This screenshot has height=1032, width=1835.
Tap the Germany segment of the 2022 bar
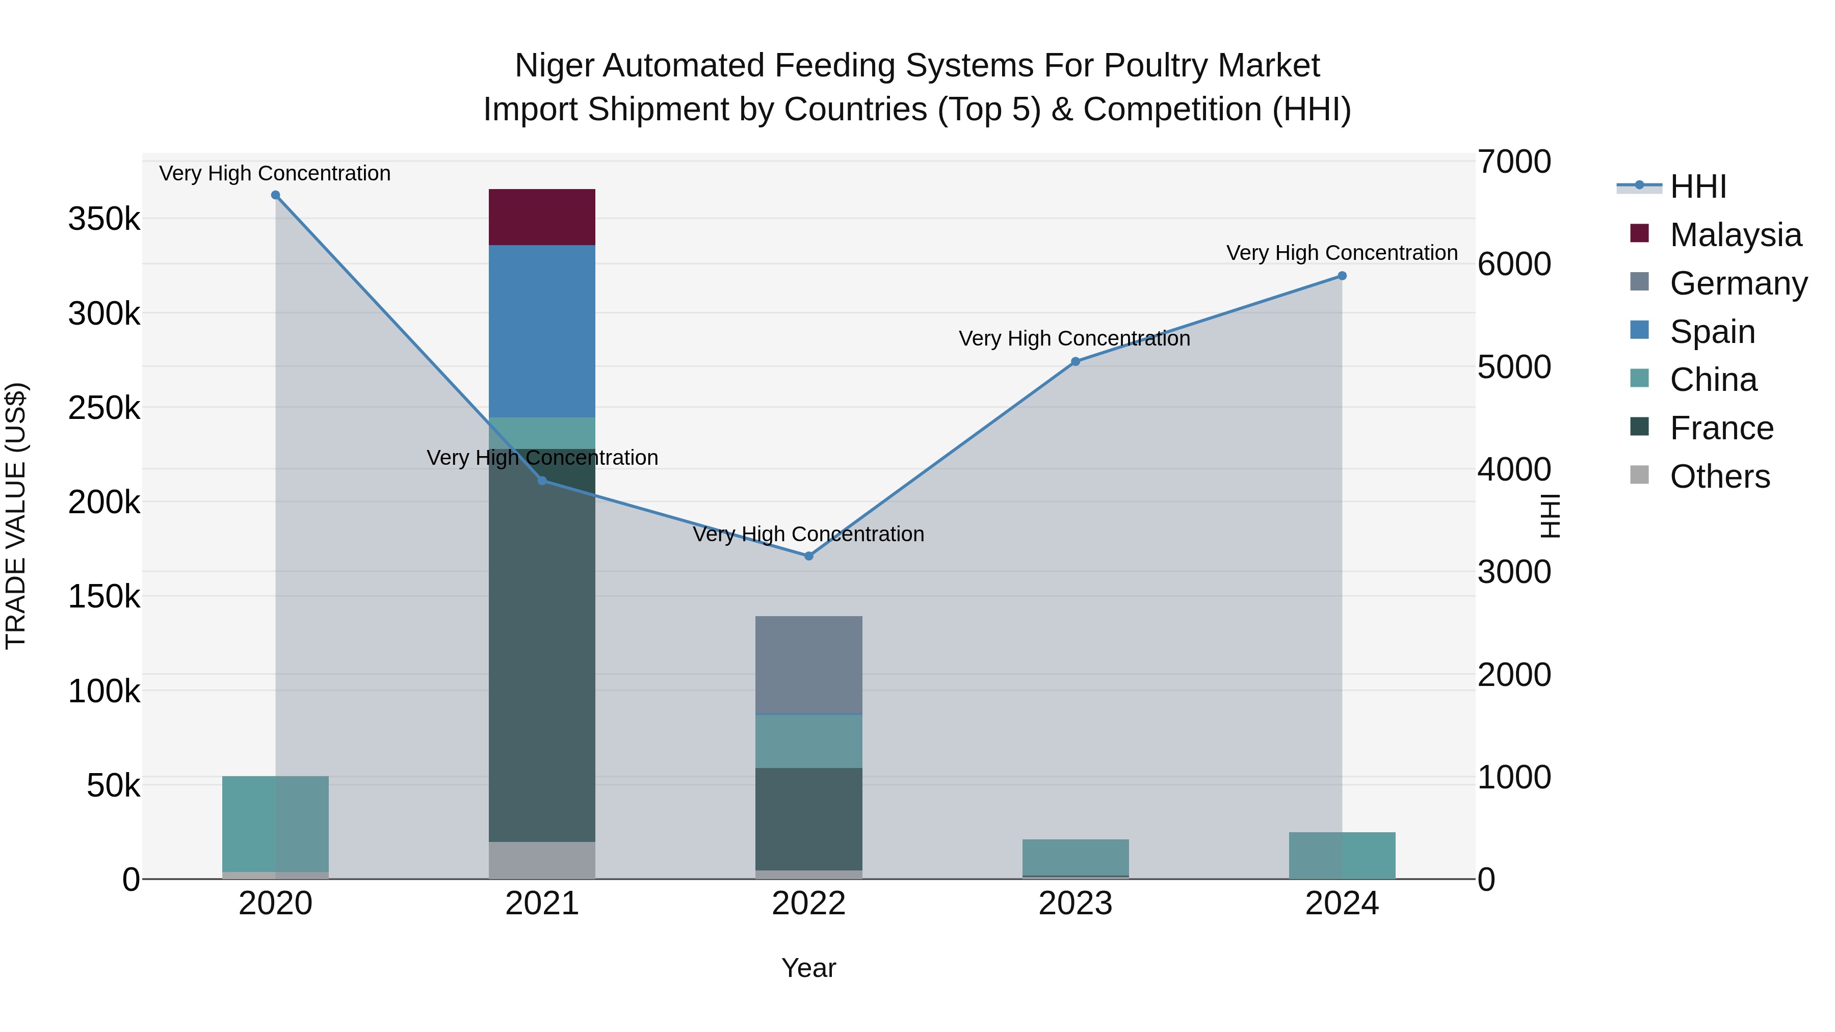808,665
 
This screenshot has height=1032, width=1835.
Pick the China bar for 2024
1342,855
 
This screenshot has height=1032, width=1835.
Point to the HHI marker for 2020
276,195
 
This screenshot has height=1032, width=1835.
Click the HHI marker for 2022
808,555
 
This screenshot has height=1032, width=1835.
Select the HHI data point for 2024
1342,276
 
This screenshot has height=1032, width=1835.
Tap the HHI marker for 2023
1076,362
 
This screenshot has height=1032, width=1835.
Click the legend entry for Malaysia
1735,235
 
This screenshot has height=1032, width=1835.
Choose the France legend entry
1720,428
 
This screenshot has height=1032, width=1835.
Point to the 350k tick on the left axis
104,219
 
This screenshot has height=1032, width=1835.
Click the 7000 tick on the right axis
1514,162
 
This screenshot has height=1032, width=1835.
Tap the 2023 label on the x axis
1075,904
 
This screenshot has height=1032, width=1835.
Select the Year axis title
808,968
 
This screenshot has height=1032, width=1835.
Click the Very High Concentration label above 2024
1342,253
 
